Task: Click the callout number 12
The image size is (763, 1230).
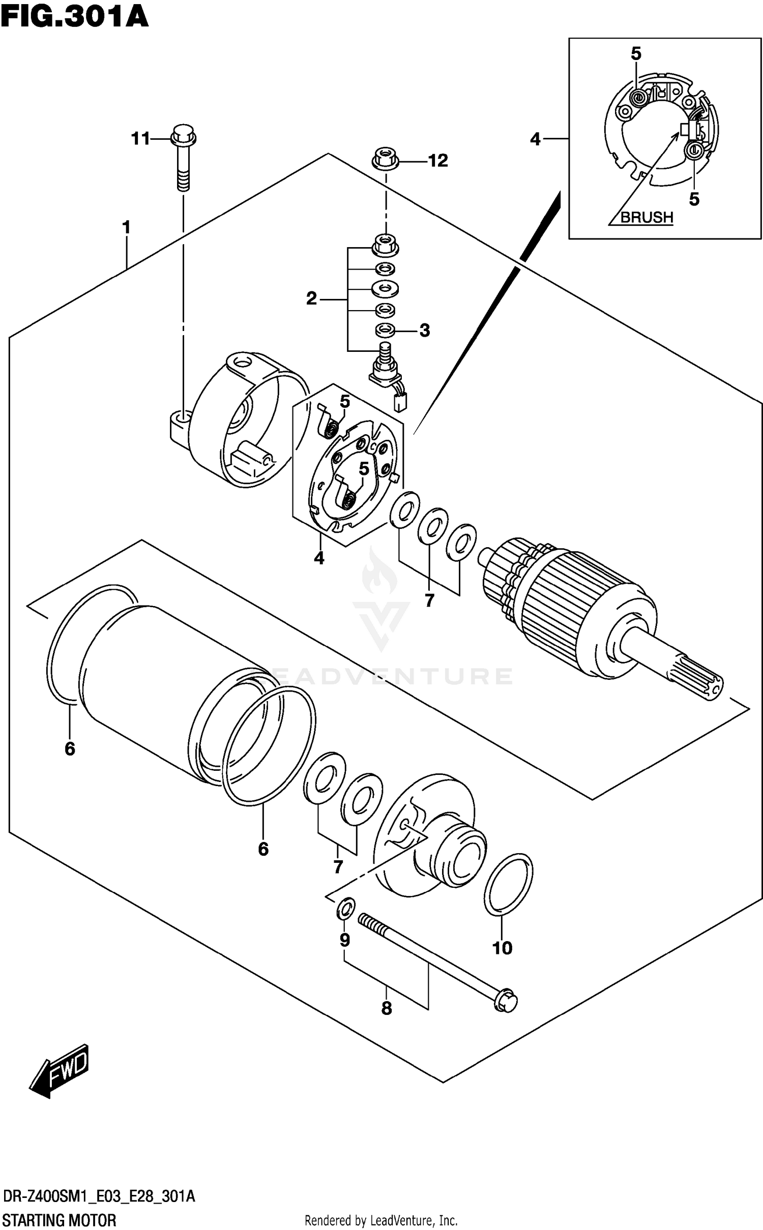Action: (437, 161)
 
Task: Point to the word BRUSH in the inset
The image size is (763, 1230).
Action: (647, 217)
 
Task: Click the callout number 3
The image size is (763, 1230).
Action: (425, 331)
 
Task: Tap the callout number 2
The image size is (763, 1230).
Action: (311, 298)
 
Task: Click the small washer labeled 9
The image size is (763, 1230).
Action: (346, 908)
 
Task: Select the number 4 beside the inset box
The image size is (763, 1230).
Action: (535, 139)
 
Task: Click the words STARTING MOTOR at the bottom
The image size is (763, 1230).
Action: (59, 1220)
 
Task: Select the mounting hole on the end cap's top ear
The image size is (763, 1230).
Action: (243, 363)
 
